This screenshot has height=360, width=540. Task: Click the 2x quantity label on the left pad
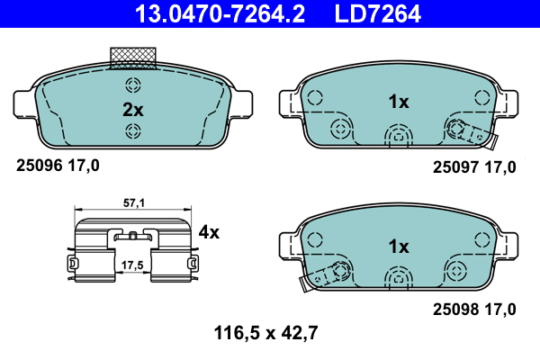click(132, 109)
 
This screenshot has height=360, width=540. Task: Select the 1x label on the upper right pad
click(399, 103)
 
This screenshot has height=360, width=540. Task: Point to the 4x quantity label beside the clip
click(209, 232)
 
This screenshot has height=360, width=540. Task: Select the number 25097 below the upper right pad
click(455, 166)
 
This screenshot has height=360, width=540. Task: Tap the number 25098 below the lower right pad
click(455, 310)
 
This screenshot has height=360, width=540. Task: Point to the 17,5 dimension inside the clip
click(134, 265)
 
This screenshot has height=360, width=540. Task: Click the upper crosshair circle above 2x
click(133, 86)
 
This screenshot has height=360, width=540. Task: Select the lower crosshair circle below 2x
click(133, 132)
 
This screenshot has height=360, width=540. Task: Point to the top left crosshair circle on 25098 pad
click(314, 238)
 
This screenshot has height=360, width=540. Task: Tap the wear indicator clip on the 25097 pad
click(476, 136)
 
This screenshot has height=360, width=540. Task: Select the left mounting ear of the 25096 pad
click(26, 102)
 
